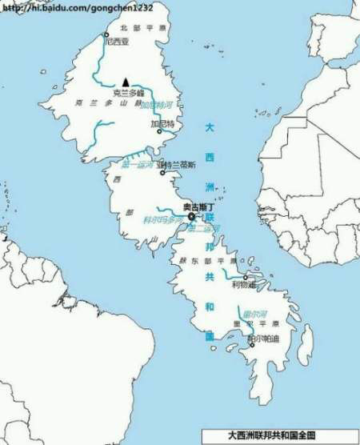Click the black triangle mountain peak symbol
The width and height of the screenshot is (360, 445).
pos(126,82)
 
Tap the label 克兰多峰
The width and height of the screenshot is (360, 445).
pos(128,93)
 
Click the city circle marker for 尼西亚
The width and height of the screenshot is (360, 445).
pos(105,34)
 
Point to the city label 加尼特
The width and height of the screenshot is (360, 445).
pos(162,124)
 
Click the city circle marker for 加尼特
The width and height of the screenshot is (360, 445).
pos(160,132)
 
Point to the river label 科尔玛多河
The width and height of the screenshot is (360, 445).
pos(163,218)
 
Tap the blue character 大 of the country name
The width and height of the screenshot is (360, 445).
pos(210,127)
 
